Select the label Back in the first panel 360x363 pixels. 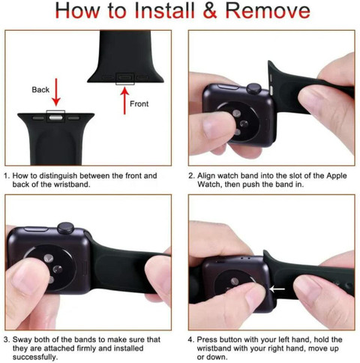point(40,89)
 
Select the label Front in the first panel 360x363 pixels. point(141,103)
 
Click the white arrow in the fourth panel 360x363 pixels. point(277,289)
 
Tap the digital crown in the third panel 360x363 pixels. point(66,226)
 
